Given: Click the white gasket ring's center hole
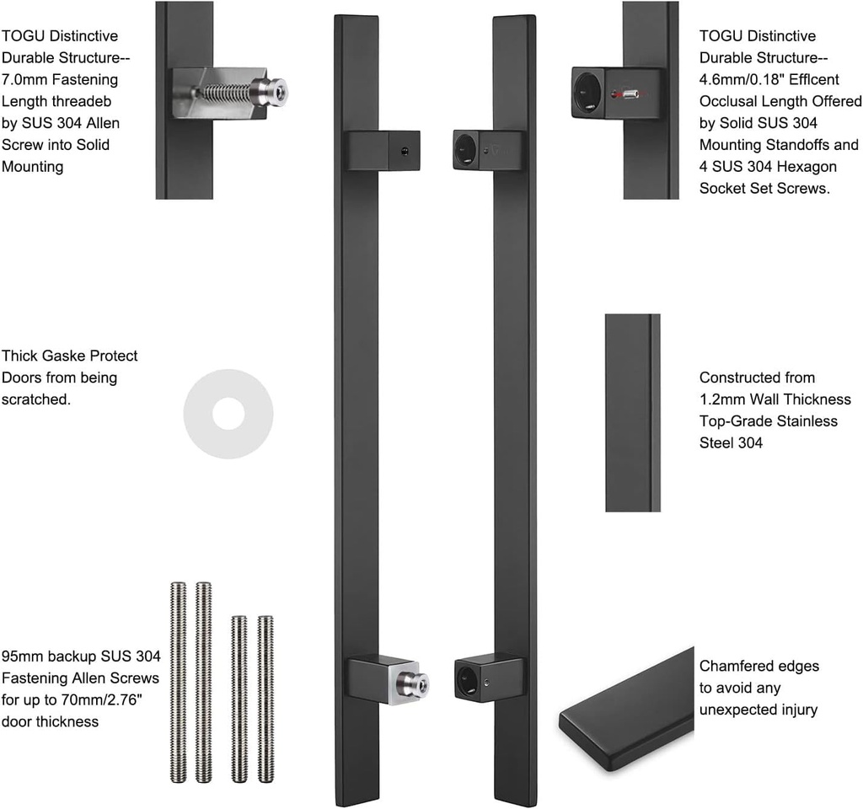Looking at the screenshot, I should click(x=228, y=414).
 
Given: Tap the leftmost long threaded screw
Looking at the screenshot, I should click(x=178, y=682).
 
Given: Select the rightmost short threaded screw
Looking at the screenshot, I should click(x=265, y=699).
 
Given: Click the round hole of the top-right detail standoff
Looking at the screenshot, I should click(x=587, y=92).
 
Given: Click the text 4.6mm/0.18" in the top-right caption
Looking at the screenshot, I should click(x=741, y=79).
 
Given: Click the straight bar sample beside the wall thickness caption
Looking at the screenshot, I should click(x=632, y=413).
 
